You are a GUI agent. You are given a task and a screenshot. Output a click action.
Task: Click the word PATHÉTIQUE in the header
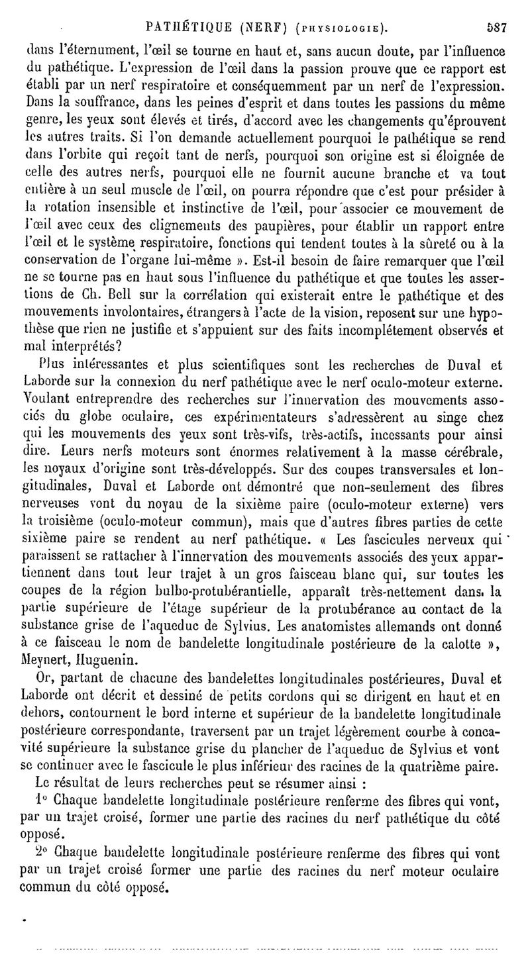[x=190, y=29]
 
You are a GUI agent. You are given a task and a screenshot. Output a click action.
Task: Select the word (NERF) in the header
[x=268, y=29]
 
